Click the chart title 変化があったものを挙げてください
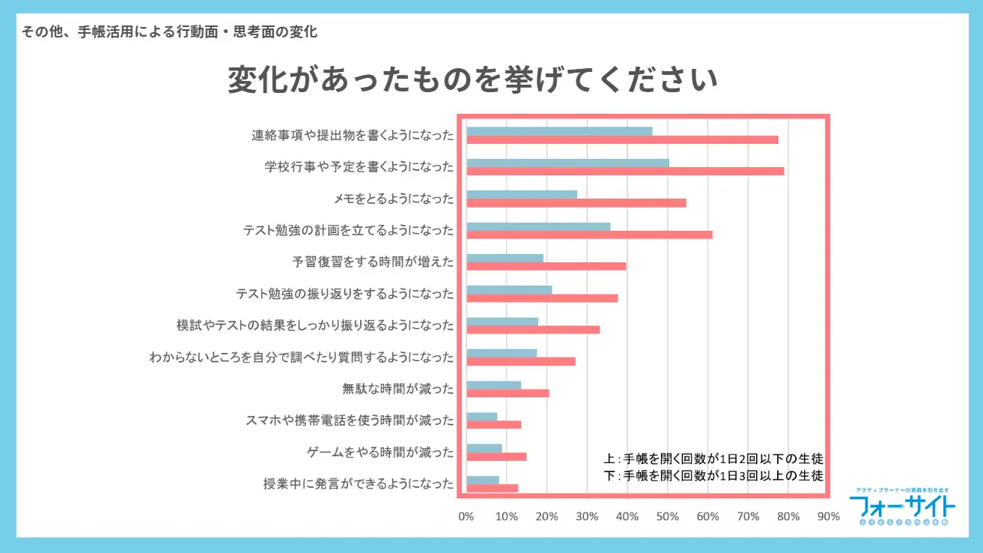pos(472,81)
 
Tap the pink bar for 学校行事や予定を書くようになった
pos(625,171)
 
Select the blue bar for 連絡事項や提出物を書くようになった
pos(559,131)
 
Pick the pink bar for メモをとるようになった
pos(576,202)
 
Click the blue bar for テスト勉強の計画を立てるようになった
pos(538,226)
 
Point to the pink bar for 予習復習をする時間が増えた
pos(546,266)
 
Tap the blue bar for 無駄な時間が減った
pos(493,385)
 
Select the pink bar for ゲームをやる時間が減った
pos(496,456)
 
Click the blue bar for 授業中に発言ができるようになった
pos(483,480)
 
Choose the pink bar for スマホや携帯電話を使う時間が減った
pos(493,425)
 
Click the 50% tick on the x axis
pos(668,516)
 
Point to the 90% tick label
pos(829,516)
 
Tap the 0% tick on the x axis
pos(466,516)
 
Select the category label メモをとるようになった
pos(394,199)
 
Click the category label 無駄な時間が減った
pos(398,389)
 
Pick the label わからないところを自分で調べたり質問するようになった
pos(302,357)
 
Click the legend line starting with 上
pos(713,459)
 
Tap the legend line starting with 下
pos(713,476)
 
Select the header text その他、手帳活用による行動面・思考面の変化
pos(170,32)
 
